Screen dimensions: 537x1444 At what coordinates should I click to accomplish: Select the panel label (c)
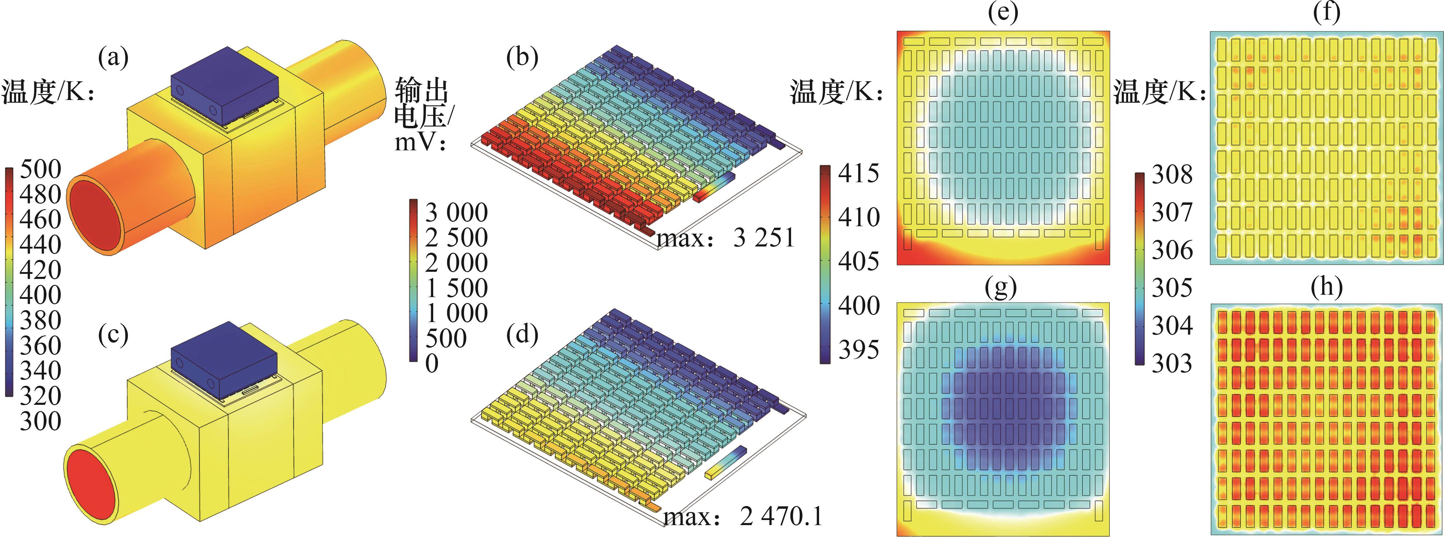(113, 335)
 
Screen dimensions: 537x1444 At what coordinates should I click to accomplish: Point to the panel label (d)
(522, 335)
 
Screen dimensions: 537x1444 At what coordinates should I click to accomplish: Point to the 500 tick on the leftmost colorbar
(40, 169)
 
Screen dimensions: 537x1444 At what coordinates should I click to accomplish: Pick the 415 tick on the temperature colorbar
(859, 174)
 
